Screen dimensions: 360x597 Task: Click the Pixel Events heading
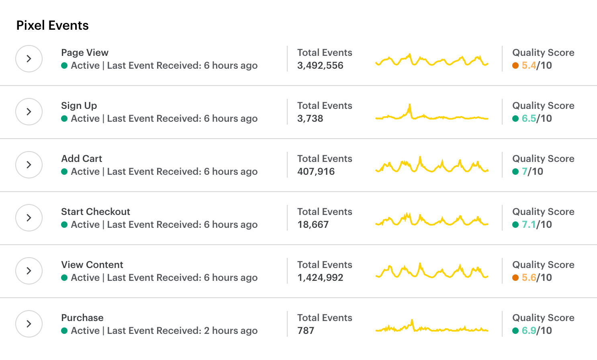tap(52, 25)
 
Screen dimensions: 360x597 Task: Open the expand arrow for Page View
tap(29, 59)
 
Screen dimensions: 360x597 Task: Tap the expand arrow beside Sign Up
tap(29, 112)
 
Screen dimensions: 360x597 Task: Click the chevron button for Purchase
tap(29, 324)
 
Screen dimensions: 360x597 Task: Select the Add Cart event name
tap(82, 159)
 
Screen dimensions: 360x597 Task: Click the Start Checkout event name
tap(96, 212)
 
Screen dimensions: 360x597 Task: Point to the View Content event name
tap(92, 265)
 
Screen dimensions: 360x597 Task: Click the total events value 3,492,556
tap(320, 65)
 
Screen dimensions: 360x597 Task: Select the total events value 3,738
tap(310, 119)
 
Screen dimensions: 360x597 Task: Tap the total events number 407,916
tap(316, 172)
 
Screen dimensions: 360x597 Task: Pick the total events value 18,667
tap(313, 225)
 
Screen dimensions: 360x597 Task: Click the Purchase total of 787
tap(306, 331)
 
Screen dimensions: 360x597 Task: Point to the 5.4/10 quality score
tap(537, 65)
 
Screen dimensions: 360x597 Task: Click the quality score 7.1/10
tap(537, 225)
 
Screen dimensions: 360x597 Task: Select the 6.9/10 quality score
tap(537, 331)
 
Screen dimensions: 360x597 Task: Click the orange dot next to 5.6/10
tap(515, 278)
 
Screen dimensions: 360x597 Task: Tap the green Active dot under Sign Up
tap(64, 119)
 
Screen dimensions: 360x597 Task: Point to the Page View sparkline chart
tap(431, 60)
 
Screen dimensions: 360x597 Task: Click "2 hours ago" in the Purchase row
tap(231, 331)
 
